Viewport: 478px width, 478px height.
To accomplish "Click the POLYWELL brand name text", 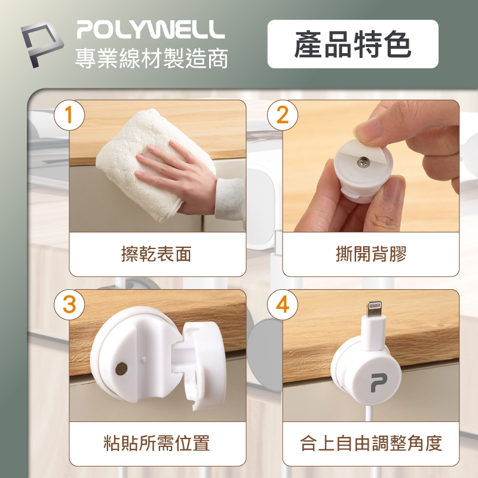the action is pos(151,29).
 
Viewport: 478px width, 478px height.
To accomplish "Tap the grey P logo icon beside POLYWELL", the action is pos(42,44).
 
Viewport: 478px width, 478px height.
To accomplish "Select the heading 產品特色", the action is pos(353,44).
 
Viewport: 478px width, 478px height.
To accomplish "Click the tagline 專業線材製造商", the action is pos(152,58).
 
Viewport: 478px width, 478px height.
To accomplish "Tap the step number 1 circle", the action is pos(69,115).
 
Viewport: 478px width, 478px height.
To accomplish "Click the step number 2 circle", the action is pos(283,115).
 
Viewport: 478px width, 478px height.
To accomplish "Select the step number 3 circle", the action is pos(69,304).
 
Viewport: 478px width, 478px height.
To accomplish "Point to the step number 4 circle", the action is pos(283,304).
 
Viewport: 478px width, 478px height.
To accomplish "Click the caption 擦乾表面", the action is pos(156,254).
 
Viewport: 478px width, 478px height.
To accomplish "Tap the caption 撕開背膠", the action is pos(371,254).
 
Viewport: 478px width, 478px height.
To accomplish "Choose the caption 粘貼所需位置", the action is pos(157,443).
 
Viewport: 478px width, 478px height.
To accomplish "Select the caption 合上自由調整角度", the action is pos(370,443).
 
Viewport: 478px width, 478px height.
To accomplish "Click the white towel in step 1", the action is pos(143,165).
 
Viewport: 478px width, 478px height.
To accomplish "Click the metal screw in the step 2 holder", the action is pos(363,162).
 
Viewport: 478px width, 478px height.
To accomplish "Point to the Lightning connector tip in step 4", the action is pos(375,308).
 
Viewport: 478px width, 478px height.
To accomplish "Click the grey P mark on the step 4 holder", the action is pos(379,383).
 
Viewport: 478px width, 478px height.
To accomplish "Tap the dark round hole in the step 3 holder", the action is pos(122,369).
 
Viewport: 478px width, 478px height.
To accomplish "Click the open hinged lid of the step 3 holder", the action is pos(204,366).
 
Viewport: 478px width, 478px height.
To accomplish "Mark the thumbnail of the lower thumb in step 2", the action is pos(393,188).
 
